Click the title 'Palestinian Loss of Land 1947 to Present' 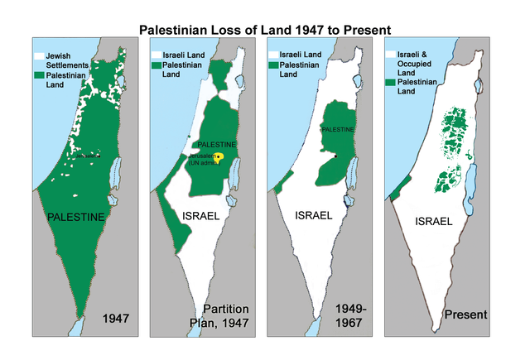[265, 28]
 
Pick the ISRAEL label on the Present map [432, 222]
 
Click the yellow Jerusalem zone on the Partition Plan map [220, 156]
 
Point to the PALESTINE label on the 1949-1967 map [338, 130]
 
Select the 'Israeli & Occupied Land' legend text [414, 65]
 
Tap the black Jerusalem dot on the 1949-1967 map [335, 156]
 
